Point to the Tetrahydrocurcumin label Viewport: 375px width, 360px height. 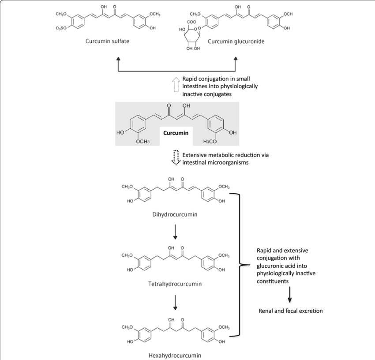pos(175,284)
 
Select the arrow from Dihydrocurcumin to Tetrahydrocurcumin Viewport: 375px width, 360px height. pos(175,232)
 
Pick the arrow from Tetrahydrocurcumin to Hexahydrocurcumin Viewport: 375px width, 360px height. pos(175,302)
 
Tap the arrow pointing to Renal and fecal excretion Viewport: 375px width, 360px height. pos(290,293)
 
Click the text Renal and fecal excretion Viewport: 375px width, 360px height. pos(290,311)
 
